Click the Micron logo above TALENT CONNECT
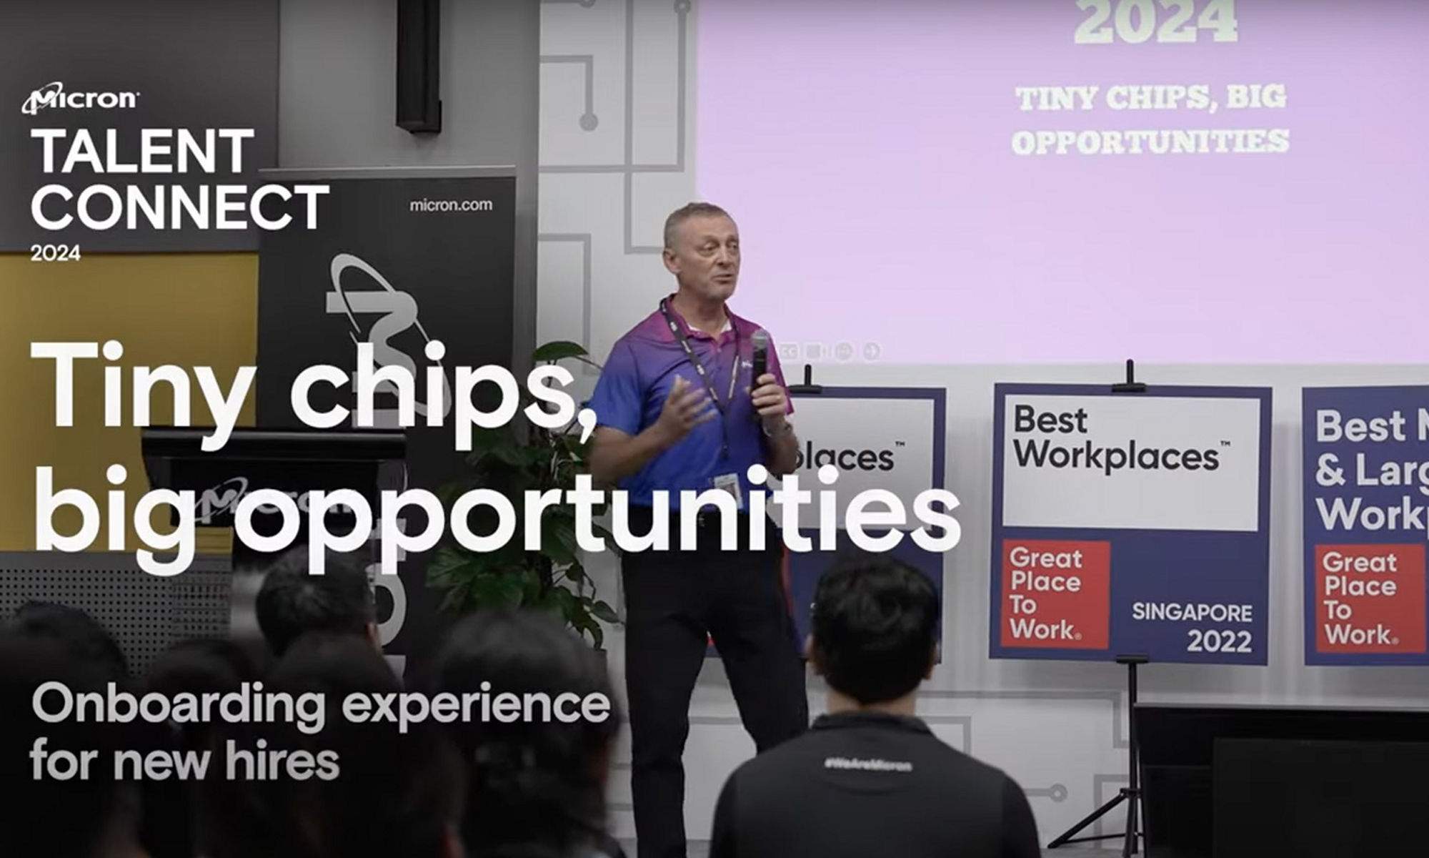80,100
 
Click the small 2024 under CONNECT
55,253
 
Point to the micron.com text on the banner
451,205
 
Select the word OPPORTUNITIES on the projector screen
1150,142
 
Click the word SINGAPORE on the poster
1192,613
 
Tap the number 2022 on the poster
1219,641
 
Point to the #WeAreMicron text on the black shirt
867,765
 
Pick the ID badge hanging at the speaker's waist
727,486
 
